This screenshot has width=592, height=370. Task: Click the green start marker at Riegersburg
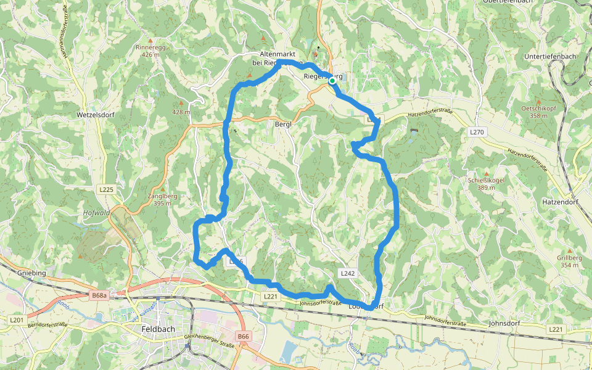[x=332, y=80]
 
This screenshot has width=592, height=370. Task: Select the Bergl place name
[x=282, y=124]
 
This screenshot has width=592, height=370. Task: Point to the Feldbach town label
[x=158, y=329]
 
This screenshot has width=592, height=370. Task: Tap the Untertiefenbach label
[x=549, y=57]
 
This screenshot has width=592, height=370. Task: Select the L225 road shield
[x=105, y=189]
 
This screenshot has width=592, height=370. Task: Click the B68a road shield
[x=99, y=296]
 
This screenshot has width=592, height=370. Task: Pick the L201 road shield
[x=17, y=319]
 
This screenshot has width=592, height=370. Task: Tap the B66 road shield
[x=244, y=336]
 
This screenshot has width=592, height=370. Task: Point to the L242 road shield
[x=347, y=273]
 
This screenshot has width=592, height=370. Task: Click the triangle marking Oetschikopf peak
[x=538, y=101]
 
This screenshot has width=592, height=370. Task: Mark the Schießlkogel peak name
[x=487, y=180]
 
